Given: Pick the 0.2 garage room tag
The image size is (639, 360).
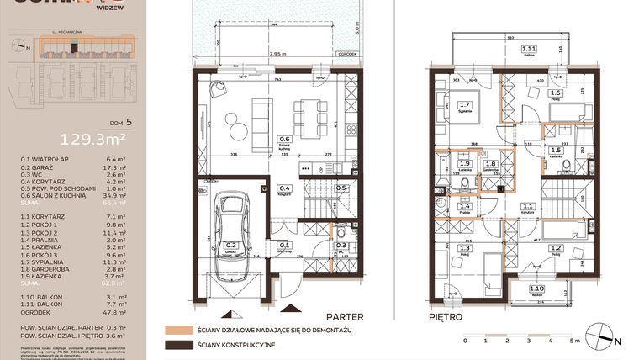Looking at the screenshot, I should [x=229, y=246].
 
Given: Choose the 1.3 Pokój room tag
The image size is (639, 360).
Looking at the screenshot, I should [x=465, y=249].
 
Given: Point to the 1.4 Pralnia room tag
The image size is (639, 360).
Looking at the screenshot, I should [x=464, y=205].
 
